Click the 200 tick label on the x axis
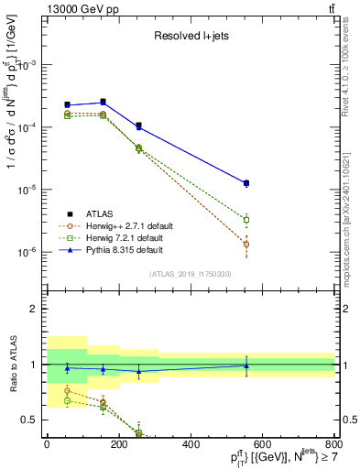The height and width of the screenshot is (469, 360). pyautogui.click(x=119, y=444)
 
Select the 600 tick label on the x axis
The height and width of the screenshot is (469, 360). pyautogui.click(x=263, y=444)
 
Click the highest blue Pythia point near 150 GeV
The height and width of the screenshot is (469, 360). pyautogui.click(x=103, y=102)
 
